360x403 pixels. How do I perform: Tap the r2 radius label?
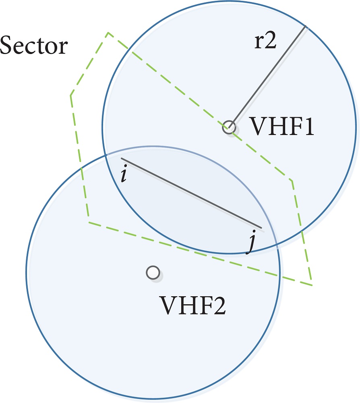tap(265, 42)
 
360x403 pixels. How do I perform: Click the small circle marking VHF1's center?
tap(229, 127)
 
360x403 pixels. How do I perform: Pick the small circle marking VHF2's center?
tap(152, 273)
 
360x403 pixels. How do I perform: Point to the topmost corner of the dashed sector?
tap(108, 32)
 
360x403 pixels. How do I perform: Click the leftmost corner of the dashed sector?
tap(70, 95)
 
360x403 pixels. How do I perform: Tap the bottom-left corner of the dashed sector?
tap(89, 222)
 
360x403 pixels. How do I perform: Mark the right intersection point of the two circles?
tap(277, 243)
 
